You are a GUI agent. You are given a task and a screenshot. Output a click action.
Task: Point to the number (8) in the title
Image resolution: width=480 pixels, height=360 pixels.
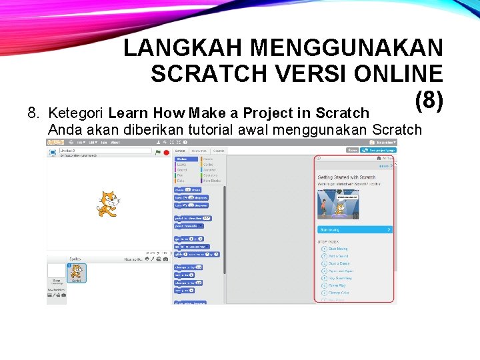click(428, 101)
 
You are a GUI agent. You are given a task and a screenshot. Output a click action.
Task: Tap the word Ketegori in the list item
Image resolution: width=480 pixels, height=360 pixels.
click(77, 113)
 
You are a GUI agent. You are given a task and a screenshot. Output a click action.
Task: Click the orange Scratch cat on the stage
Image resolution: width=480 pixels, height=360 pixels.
click(107, 203)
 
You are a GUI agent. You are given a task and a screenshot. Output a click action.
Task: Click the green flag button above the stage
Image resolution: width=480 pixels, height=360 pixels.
click(157, 152)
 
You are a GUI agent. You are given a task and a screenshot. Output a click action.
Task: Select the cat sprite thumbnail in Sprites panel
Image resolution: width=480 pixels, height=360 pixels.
click(77, 273)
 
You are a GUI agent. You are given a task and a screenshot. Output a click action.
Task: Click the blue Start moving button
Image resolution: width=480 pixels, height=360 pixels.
click(355, 229)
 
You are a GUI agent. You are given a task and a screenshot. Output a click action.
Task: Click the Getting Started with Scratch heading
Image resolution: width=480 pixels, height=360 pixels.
click(346, 177)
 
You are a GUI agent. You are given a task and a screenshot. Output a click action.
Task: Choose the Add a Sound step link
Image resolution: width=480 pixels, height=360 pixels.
click(338, 256)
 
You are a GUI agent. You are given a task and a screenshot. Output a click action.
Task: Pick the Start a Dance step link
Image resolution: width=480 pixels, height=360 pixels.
click(339, 263)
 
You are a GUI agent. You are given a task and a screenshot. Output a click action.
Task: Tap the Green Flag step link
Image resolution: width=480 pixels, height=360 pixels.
click(337, 285)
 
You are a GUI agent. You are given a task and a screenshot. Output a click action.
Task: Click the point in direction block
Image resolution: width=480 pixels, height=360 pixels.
click(192, 218)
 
